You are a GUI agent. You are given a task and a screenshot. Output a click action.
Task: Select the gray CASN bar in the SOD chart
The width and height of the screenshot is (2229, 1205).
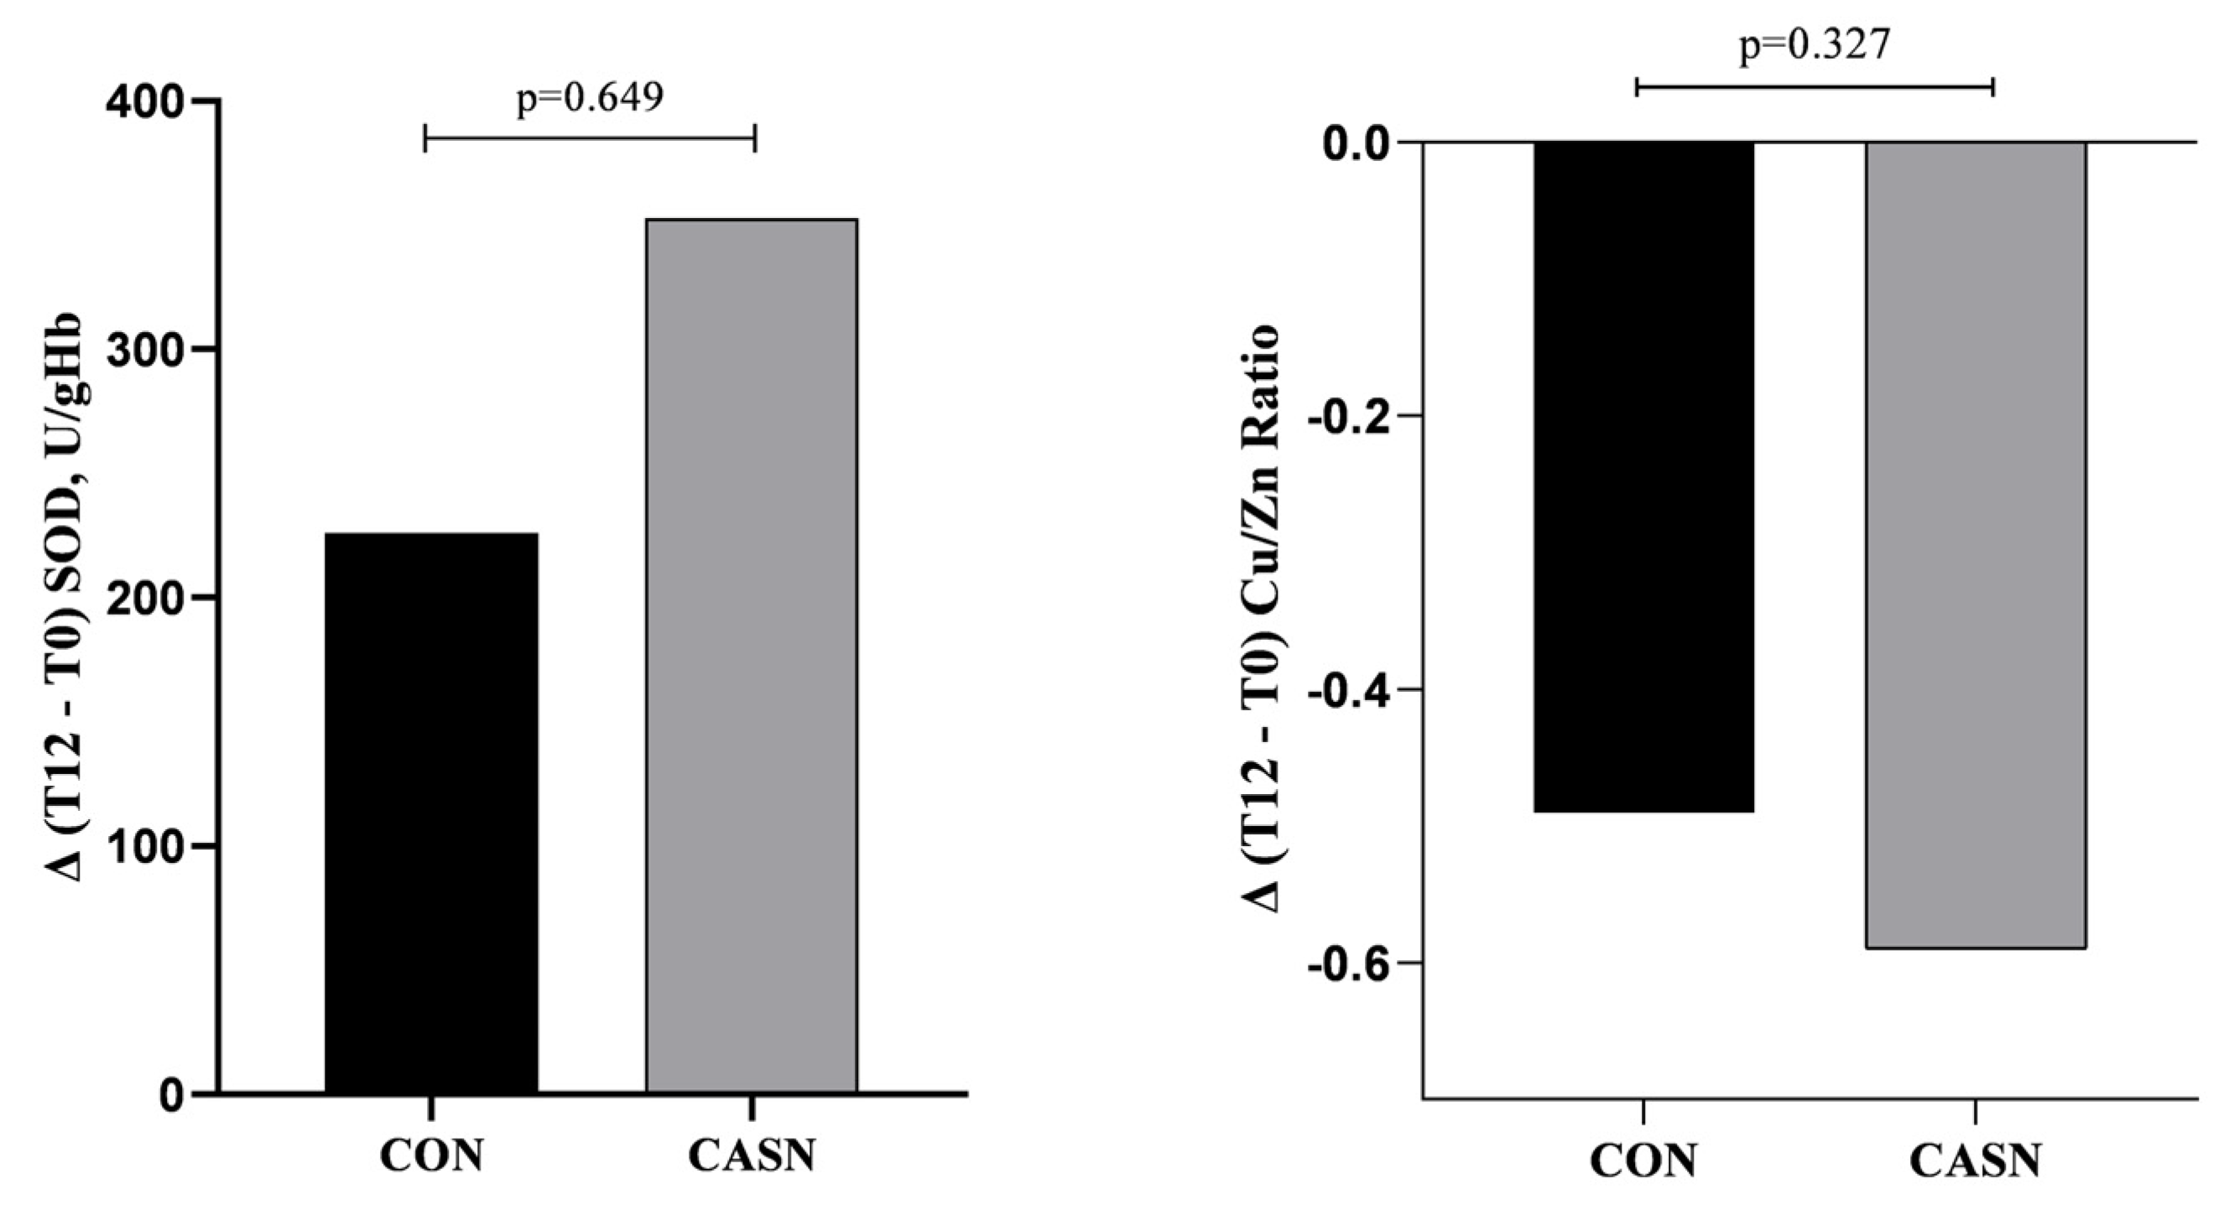pos(751,655)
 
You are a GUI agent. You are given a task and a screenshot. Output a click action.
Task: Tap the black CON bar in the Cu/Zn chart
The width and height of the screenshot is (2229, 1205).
pos(1643,475)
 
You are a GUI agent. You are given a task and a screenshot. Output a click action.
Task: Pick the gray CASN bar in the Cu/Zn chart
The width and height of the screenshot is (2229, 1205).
pos(1976,545)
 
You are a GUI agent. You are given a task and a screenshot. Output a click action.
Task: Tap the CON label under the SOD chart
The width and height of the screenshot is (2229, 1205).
pos(431,1156)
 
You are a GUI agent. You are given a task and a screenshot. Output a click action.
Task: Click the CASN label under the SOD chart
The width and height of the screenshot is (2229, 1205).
pos(751,1156)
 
